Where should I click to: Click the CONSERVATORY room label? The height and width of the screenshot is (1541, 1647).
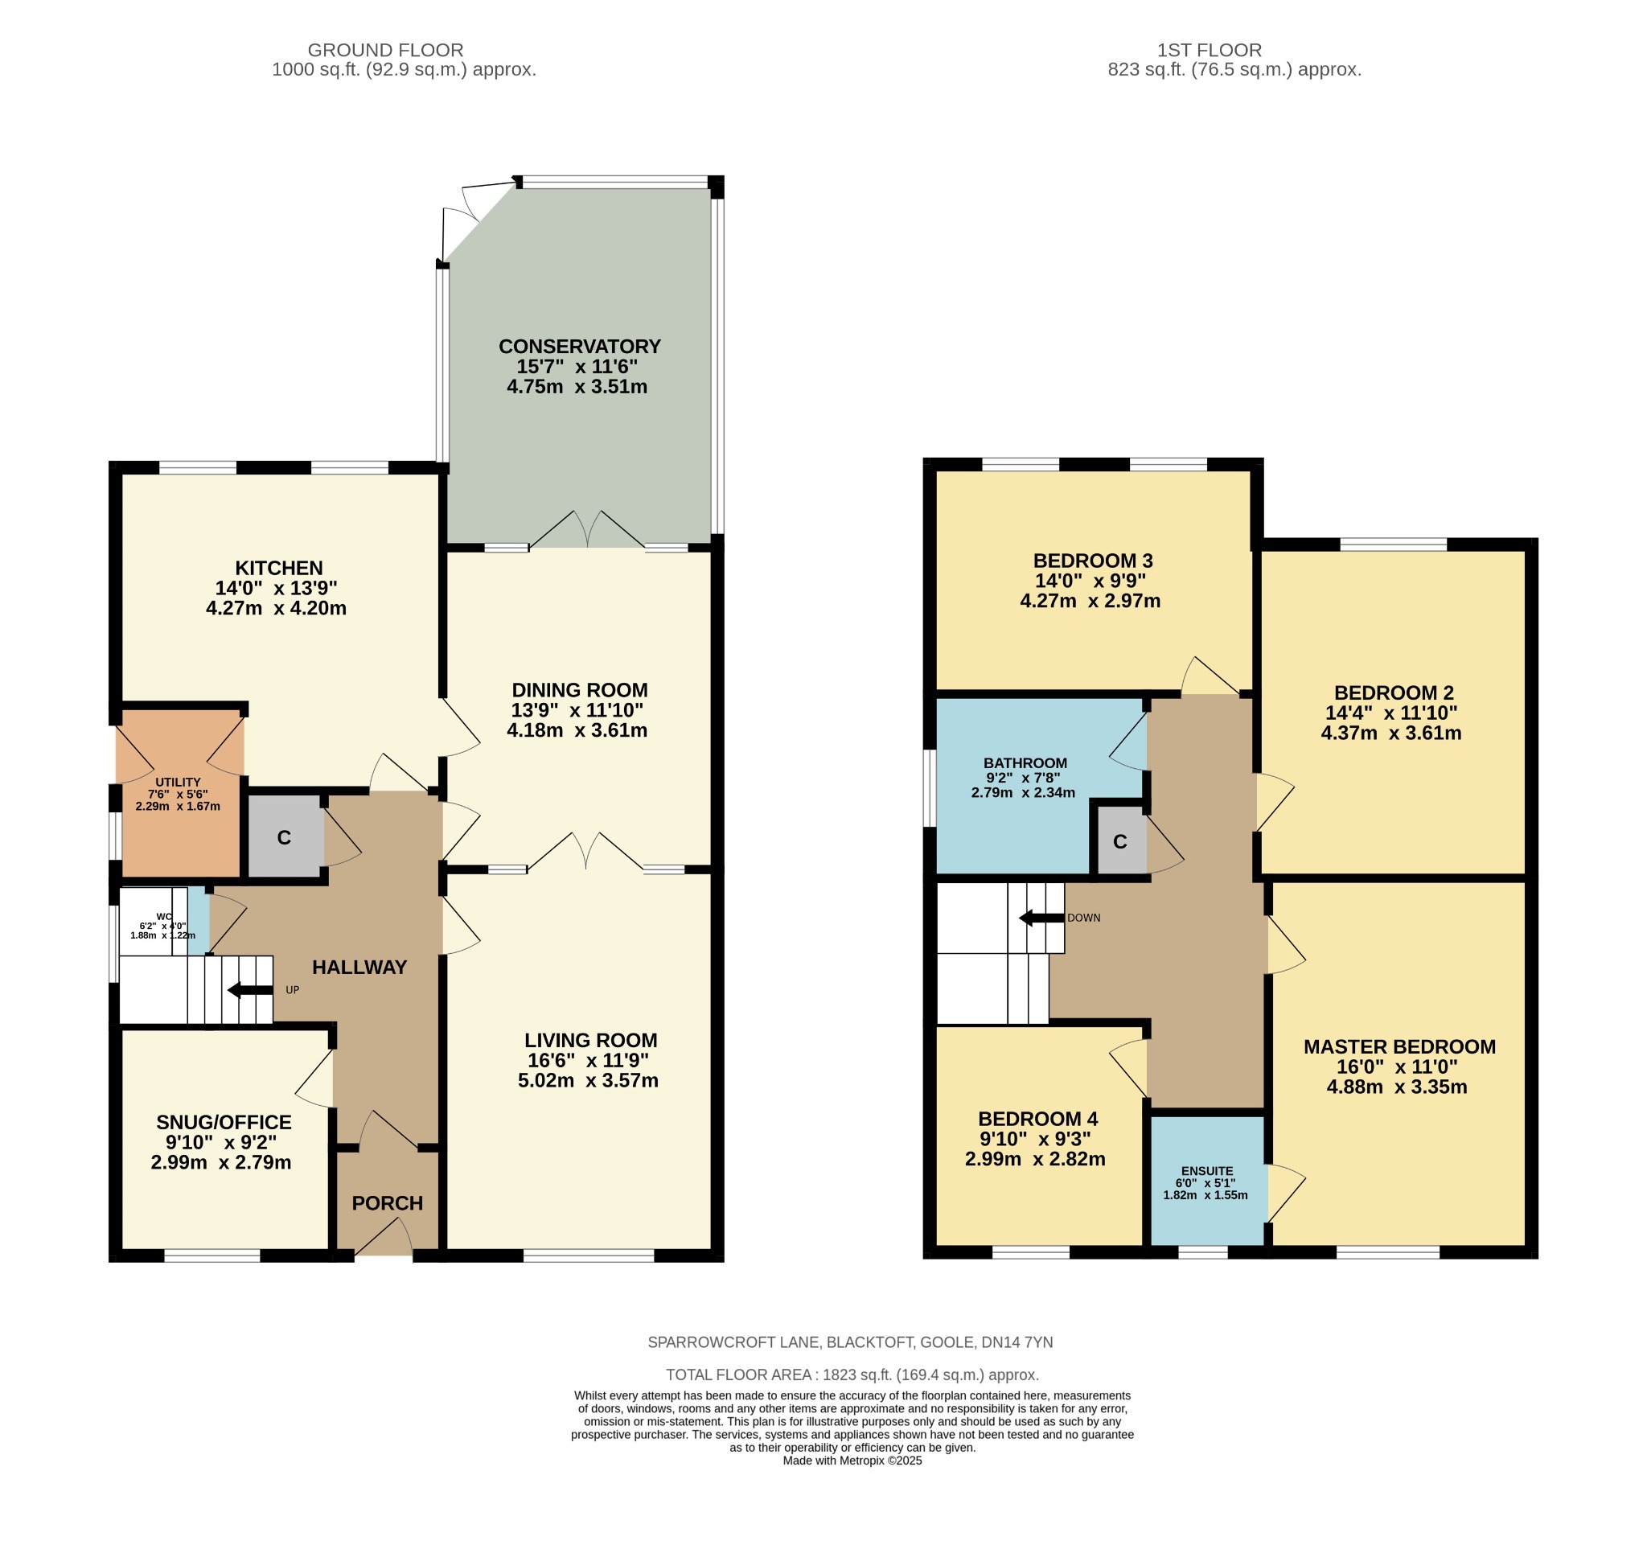coord(579,347)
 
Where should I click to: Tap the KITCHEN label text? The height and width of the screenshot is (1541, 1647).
coord(278,568)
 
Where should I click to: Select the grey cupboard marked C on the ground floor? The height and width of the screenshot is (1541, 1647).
coord(284,837)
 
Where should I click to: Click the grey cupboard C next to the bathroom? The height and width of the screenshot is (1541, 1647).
coord(1119,842)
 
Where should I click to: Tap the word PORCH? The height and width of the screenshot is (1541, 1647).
coord(387,1203)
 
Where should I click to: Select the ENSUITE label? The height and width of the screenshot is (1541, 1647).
coord(1207,1171)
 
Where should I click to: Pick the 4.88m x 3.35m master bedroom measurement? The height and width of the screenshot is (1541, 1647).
coord(1396,1087)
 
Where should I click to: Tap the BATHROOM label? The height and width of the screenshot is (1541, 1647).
coord(1025,763)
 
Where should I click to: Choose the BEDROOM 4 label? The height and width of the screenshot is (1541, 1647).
coord(1037,1119)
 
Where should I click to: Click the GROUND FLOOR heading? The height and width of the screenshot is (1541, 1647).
coord(385,51)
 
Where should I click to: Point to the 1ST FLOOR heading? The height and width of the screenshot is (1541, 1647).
coord(1209,51)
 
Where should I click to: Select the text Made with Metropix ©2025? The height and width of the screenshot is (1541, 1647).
coord(852,1461)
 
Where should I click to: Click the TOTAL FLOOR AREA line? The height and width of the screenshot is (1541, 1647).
coord(852,1375)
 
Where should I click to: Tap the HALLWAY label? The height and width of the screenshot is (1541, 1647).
coord(359,967)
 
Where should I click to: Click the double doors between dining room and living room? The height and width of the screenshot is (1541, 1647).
coord(585,853)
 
